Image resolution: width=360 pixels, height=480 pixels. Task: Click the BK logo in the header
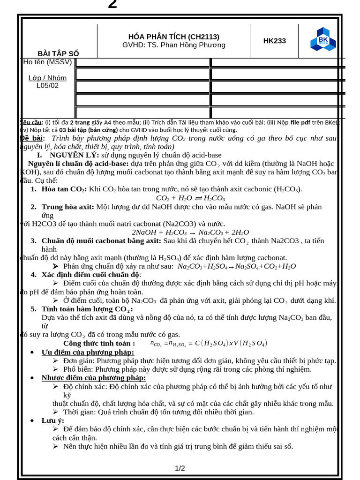pos(323,39)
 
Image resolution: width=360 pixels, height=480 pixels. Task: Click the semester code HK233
pos(274,41)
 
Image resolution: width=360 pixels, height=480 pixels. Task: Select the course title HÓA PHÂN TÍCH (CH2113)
pos(174,37)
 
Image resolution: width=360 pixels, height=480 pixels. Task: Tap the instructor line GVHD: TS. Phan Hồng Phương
pos(174,45)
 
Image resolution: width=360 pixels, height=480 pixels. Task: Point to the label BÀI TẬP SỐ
pos(59,53)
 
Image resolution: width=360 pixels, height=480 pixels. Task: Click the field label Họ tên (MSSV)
pos(47,62)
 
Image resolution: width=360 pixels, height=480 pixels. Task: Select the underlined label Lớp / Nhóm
pos(47,78)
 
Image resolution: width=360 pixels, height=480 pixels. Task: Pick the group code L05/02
pos(47,85)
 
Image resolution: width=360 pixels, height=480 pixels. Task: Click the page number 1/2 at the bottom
pos(180,468)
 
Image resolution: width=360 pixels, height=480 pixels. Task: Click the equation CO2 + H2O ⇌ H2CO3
pos(190,198)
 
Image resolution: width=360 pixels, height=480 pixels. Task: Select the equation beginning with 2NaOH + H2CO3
pos(190,232)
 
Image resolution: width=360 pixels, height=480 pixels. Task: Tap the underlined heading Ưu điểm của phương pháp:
pos(88,352)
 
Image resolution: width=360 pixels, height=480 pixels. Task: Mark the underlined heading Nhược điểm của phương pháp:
pos(94,377)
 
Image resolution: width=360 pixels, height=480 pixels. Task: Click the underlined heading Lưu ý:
pos(53,420)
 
